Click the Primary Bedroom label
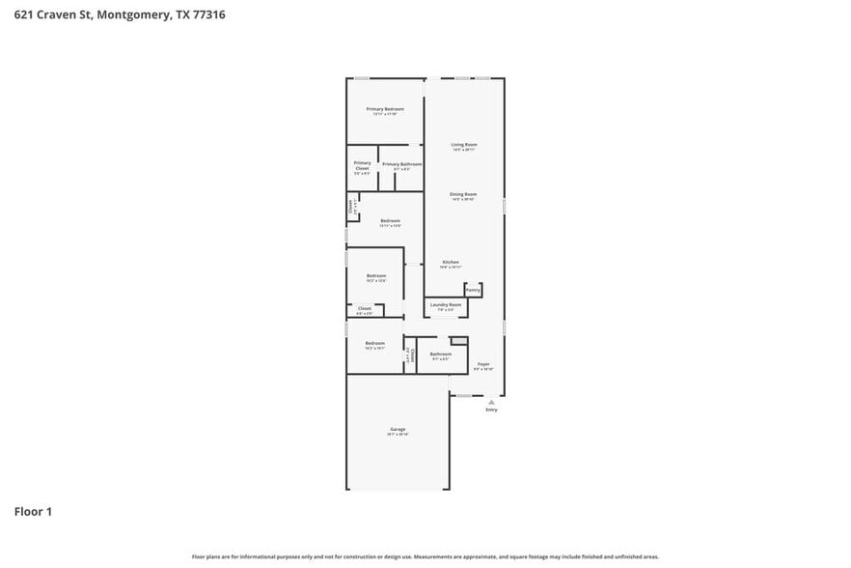click(385, 109)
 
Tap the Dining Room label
click(463, 194)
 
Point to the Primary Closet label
click(362, 165)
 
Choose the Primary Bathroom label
click(401, 164)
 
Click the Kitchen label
click(451, 263)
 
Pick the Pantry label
click(473, 289)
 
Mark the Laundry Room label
click(446, 304)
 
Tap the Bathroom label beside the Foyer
click(440, 354)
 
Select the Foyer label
click(483, 364)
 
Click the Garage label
click(398, 429)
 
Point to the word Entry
click(491, 410)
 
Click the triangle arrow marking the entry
click(491, 401)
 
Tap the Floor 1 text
click(33, 511)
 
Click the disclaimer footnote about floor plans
click(425, 556)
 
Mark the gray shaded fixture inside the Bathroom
click(459, 340)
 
